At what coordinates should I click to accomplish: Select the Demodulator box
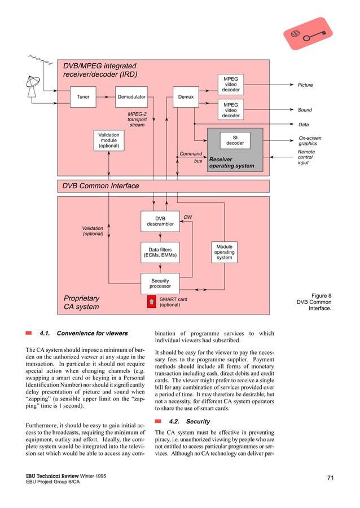point(131,97)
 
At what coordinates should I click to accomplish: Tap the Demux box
point(186,97)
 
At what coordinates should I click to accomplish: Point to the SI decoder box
point(235,139)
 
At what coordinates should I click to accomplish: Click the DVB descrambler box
point(160,221)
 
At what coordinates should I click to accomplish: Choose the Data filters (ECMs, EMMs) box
point(160,252)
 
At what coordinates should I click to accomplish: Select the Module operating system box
point(224,252)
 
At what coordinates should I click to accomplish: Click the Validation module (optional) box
point(109,140)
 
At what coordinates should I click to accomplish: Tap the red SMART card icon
point(151,302)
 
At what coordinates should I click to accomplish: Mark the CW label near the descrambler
point(187,217)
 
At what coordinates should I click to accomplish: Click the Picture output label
point(305,85)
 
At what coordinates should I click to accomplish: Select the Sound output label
point(305,110)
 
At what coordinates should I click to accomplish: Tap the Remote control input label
point(306,157)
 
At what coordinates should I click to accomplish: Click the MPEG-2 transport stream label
point(137,119)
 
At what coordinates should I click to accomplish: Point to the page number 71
point(330,479)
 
